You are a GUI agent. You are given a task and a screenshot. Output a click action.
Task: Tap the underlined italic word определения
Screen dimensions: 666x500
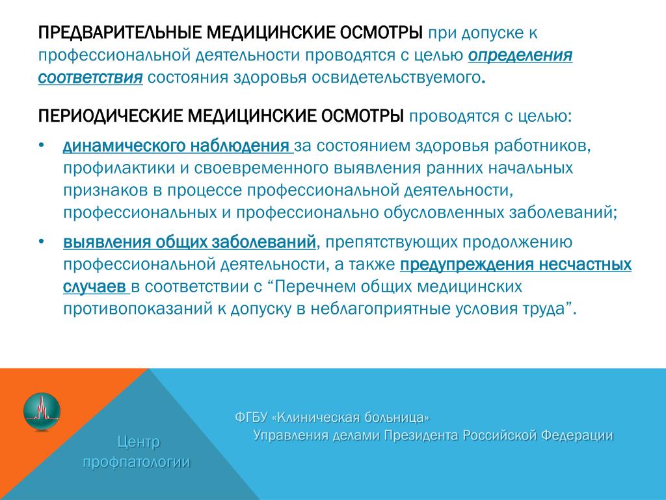click(x=520, y=56)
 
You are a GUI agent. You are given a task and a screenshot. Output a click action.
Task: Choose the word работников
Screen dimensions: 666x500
click(x=542, y=146)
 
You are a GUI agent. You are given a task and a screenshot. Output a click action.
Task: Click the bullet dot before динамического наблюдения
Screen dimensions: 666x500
click(x=41, y=145)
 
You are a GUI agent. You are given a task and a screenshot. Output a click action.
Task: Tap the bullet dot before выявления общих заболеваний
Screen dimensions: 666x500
click(x=41, y=242)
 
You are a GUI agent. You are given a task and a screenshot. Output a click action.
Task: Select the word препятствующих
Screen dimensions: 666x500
click(x=391, y=242)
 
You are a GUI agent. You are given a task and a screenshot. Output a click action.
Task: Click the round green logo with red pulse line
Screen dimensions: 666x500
click(x=42, y=411)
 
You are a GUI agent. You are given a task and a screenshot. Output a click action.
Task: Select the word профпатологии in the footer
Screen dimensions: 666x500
click(x=137, y=462)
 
